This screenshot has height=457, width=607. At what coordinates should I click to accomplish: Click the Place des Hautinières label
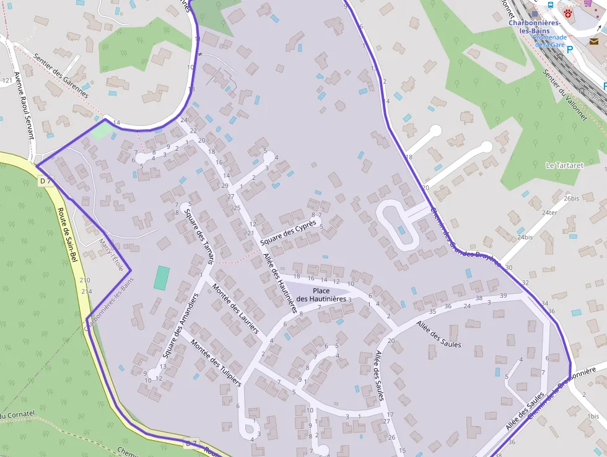(321, 295)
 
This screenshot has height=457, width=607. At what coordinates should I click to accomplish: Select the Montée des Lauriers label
(235, 309)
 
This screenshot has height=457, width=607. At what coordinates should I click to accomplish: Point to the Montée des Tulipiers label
(215, 363)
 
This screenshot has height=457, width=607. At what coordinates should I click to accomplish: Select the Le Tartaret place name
(564, 166)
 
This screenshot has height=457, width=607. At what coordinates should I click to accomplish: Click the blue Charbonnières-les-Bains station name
(535, 27)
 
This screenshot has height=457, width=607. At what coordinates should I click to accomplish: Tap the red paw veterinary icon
(568, 12)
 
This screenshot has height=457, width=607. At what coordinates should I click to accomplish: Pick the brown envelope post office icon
(593, 42)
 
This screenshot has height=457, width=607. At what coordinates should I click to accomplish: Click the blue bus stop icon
(551, 5)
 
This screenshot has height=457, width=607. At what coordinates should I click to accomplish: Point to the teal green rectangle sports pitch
(161, 278)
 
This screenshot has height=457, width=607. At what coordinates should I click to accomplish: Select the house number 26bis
(572, 198)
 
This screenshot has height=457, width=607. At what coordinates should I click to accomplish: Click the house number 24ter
(549, 213)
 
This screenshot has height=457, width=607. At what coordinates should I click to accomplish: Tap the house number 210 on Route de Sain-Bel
(85, 280)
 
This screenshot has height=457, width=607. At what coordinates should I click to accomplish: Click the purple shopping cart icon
(587, 2)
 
